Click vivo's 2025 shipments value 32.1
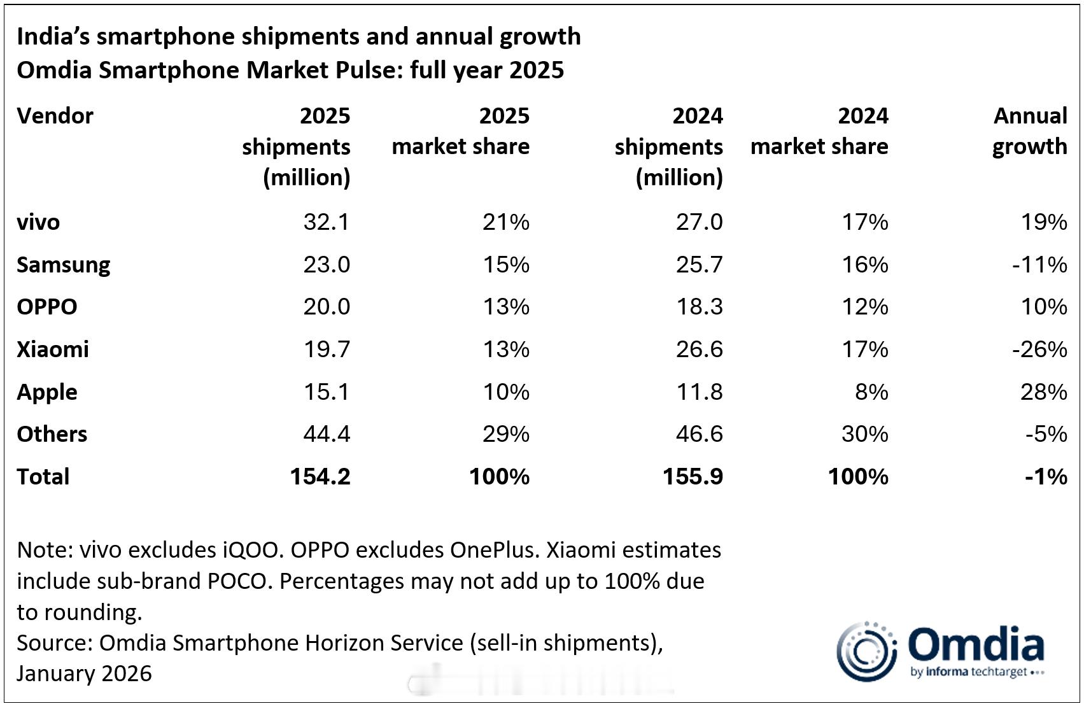(x=326, y=222)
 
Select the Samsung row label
(x=64, y=265)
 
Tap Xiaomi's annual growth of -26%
(x=1039, y=349)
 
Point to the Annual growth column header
(x=1029, y=131)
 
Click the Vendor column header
(x=55, y=116)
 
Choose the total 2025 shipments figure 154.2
(x=320, y=477)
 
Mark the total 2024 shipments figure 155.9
(x=693, y=477)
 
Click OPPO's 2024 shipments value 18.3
(x=699, y=307)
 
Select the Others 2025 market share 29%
(x=505, y=434)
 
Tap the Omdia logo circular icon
(x=866, y=651)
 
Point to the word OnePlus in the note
(x=491, y=549)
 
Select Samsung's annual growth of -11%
(x=1039, y=265)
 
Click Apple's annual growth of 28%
(x=1043, y=392)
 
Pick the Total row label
(x=43, y=477)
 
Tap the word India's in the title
(x=53, y=37)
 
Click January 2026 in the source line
(x=84, y=674)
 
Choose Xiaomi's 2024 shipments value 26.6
(x=699, y=349)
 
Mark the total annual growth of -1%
(x=1046, y=477)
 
